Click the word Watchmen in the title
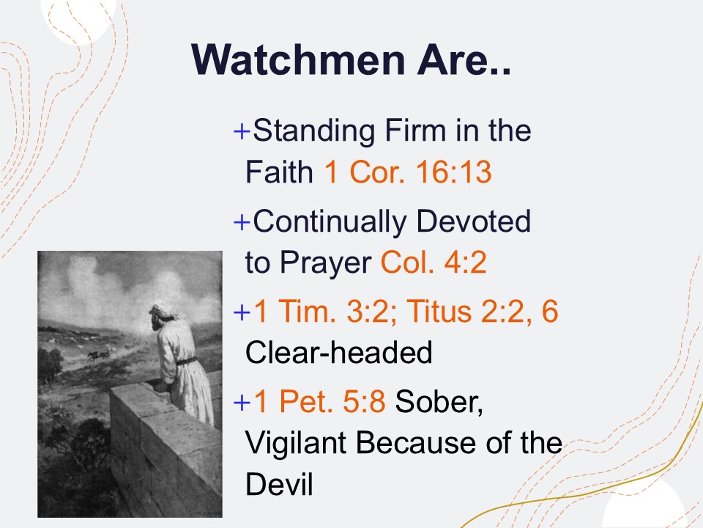298,59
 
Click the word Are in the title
458,59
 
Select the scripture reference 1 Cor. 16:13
408,172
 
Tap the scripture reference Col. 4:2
434,263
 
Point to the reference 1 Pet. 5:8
319,401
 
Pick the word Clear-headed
339,353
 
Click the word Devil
279,483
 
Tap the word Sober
439,402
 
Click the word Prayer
325,263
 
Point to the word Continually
330,221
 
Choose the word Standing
313,131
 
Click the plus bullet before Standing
242,131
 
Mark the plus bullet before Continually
242,221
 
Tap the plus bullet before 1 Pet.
242,402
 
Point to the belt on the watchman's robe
186,361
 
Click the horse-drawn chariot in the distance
100,355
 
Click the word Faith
279,172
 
